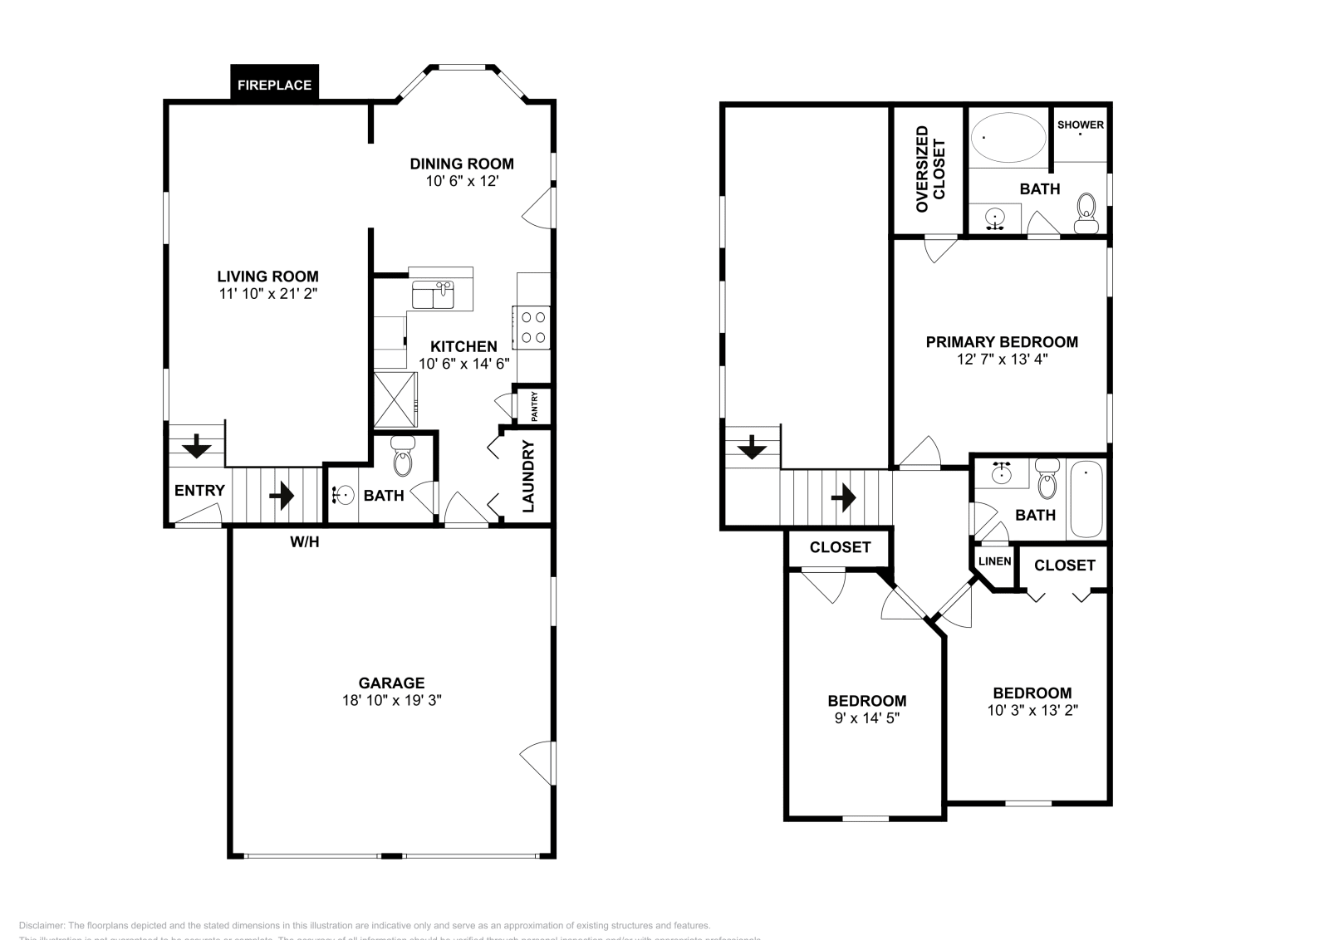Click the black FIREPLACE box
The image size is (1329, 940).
click(x=274, y=85)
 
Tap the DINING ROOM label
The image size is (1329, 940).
click(x=462, y=164)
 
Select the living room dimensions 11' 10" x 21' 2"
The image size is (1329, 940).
click(x=267, y=294)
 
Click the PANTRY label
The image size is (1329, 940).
click(x=535, y=406)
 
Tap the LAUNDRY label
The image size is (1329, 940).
click(x=528, y=476)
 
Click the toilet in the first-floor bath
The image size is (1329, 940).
click(x=403, y=460)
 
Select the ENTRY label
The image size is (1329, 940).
click(x=199, y=491)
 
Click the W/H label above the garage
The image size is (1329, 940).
click(x=304, y=542)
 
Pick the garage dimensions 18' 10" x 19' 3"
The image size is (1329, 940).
click(x=391, y=700)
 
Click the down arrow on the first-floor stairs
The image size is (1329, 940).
click(x=197, y=447)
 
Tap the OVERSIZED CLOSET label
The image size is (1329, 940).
click(x=930, y=169)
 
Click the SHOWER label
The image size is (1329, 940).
click(x=1080, y=125)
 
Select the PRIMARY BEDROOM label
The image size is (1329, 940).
click(x=1002, y=341)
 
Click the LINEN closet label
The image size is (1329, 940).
click(x=994, y=561)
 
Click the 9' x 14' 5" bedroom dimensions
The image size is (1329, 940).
click(x=866, y=718)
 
